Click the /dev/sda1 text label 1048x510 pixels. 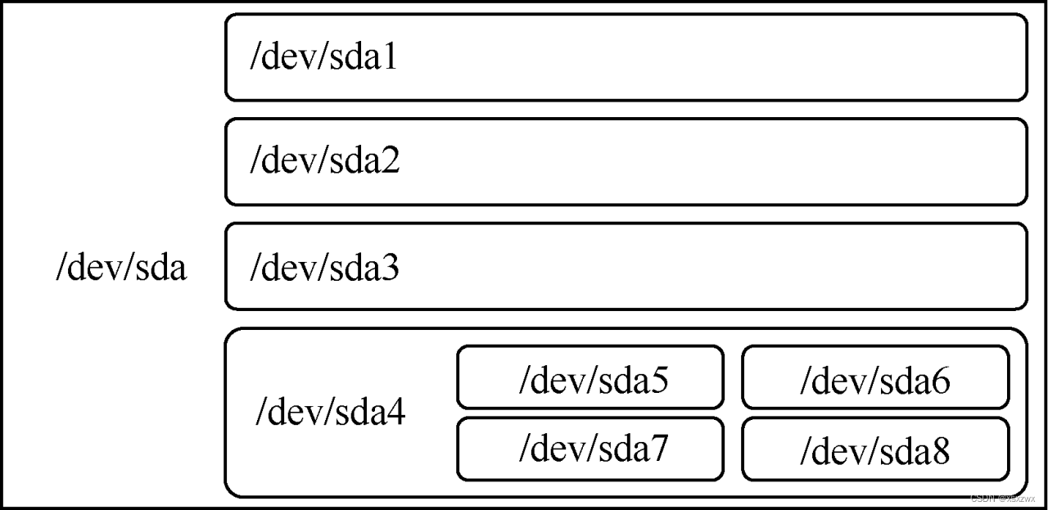coord(324,59)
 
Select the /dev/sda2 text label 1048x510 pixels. coord(325,162)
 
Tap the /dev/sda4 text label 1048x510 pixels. coord(330,413)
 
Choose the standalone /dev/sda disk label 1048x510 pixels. coord(121,269)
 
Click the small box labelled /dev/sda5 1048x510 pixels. coord(590,377)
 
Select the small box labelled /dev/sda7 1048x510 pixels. coord(590,449)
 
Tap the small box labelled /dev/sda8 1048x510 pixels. coord(875,450)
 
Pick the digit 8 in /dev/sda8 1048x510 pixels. coord(942,451)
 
